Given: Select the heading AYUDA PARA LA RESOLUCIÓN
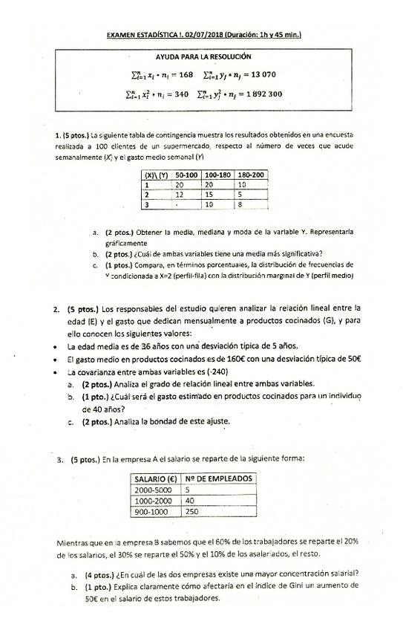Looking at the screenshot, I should coord(203,56).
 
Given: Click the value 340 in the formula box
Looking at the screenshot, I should coord(177,94).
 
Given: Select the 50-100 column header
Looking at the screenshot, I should coord(186,174).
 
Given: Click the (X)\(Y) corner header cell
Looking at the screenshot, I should coord(156,174).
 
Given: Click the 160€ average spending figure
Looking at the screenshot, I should coord(222,358).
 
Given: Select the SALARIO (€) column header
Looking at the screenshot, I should coord(156,478).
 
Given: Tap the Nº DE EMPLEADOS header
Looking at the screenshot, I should coord(219,478).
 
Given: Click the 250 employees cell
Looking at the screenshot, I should coord(193,511).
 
